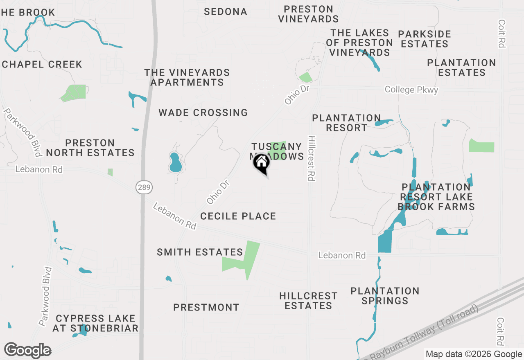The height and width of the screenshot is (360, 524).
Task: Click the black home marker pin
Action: point(262,164)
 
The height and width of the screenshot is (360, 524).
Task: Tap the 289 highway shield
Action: point(144,188)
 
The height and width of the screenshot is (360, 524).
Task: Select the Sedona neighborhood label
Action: point(226,12)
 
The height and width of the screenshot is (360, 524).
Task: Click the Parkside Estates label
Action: point(425,39)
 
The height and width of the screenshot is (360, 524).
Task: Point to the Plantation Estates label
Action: point(461,67)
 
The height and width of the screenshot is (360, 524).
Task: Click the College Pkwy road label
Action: point(411,90)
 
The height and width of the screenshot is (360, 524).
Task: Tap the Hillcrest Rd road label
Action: point(312,158)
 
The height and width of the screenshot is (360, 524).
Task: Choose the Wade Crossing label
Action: point(203,112)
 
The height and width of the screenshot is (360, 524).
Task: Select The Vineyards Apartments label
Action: point(187,77)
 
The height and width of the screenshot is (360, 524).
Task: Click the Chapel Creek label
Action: point(42,64)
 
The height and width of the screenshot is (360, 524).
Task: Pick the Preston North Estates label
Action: point(90,148)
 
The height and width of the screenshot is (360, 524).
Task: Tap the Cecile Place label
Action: point(238,216)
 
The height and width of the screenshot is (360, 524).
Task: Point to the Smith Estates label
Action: point(200,252)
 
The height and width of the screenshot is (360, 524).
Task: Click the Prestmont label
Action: point(206,307)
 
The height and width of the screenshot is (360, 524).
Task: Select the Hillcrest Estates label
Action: point(308,301)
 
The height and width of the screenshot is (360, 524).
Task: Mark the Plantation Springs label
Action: point(385,296)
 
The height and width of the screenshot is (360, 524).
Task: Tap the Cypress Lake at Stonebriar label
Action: point(95,323)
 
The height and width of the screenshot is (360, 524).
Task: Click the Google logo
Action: point(27,350)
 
